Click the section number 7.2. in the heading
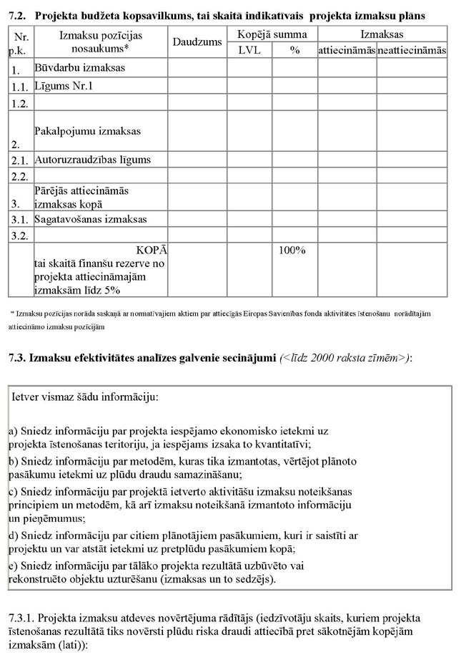(17, 15)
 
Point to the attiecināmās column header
(347, 51)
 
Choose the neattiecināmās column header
(412, 51)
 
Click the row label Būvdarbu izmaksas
(79, 68)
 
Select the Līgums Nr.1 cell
(64, 86)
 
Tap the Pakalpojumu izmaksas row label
(87, 132)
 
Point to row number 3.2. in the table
(19, 235)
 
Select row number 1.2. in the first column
(19, 103)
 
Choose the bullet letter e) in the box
(14, 566)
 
